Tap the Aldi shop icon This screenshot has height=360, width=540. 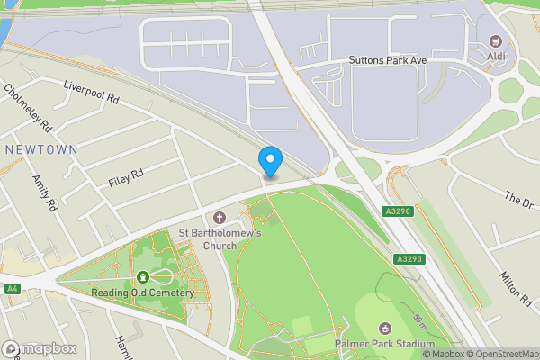pyautogui.click(x=495, y=41)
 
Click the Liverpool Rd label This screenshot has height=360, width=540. pyautogui.click(x=91, y=92)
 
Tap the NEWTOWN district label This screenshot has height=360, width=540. pyautogui.click(x=40, y=148)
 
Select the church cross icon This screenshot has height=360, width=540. pyautogui.click(x=220, y=218)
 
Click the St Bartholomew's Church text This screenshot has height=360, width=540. pyautogui.click(x=220, y=239)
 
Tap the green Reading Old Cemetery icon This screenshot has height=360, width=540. pyautogui.click(x=143, y=277)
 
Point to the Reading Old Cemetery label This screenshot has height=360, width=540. pyautogui.click(x=142, y=292)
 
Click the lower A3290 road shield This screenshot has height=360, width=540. pyautogui.click(x=409, y=259)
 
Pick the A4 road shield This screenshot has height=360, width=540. pyautogui.click(x=12, y=289)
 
